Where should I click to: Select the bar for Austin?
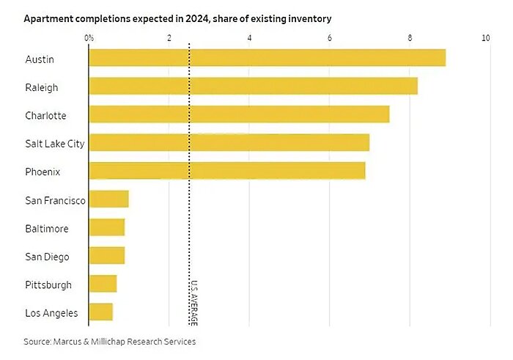click(267, 58)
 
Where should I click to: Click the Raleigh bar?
click(253, 86)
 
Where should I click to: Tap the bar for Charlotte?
click(239, 114)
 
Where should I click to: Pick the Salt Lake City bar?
click(229, 142)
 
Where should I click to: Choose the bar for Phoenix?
click(226, 171)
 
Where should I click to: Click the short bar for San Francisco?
click(108, 199)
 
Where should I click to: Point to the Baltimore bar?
click(106, 227)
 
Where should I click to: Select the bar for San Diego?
click(106, 256)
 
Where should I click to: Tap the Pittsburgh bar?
click(103, 284)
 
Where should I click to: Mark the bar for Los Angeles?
click(100, 312)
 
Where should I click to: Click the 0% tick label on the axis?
click(89, 37)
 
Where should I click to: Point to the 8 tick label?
click(410, 37)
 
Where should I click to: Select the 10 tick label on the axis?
click(486, 37)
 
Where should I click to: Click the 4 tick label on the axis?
click(250, 37)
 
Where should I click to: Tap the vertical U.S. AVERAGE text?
click(194, 302)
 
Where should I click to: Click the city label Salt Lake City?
click(55, 143)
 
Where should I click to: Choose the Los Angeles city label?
click(51, 313)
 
